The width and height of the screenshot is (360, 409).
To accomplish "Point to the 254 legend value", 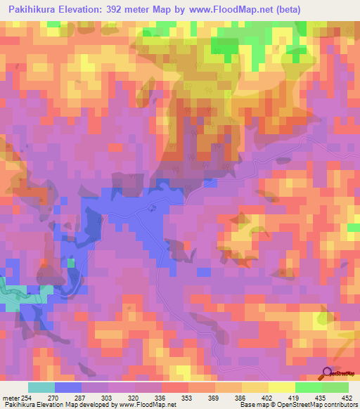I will (27, 397).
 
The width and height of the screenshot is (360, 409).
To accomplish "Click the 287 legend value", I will (82, 397).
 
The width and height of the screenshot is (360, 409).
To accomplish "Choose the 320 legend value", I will (135, 397).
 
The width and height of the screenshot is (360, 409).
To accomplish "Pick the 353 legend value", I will (188, 397).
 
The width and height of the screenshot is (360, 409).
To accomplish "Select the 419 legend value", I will (295, 397).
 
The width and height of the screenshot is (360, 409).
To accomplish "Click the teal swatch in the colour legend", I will (41, 387).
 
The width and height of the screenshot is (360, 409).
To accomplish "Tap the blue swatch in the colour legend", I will (68, 387).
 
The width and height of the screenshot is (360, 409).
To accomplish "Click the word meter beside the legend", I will (9, 397).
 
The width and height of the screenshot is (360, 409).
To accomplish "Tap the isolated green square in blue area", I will (71, 263).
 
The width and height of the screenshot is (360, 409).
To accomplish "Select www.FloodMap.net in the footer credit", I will (147, 405).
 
